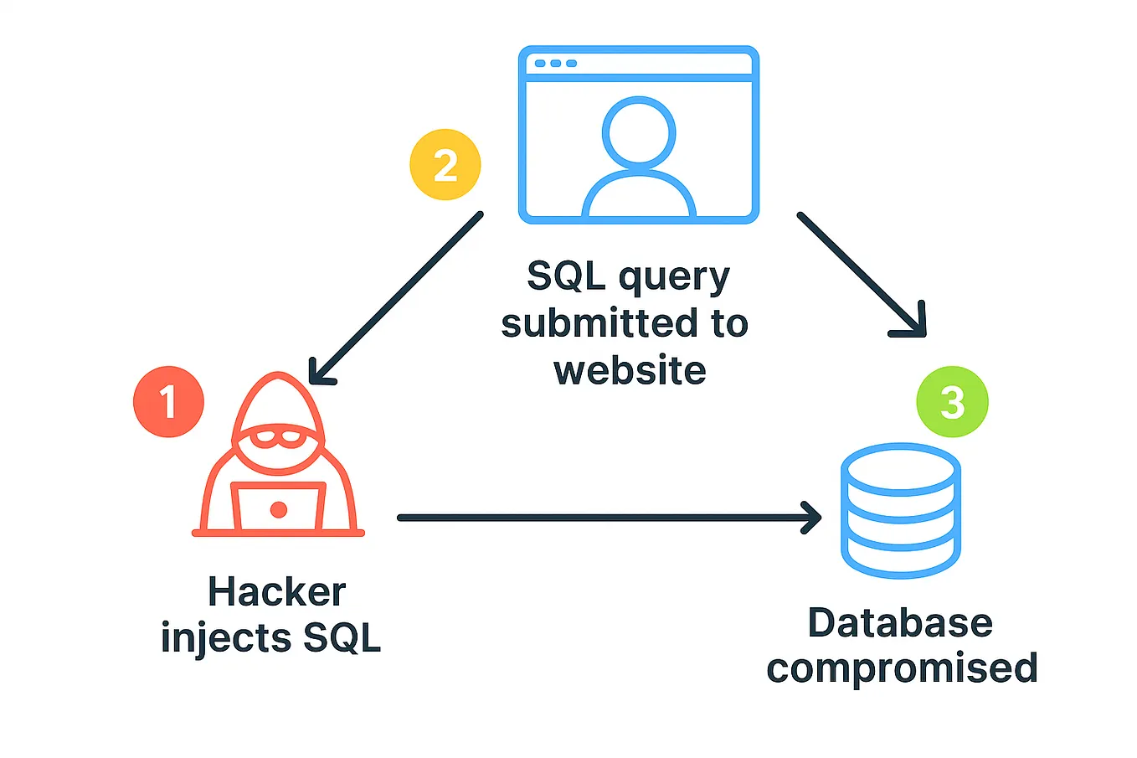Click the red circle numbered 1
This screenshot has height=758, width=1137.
coord(168,401)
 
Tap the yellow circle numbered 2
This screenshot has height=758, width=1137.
coord(445,165)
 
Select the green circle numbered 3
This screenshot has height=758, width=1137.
coord(952,402)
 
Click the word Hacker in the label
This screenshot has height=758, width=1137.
coord(276,592)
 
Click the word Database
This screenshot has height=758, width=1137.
coord(900,623)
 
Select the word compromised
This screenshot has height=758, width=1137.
coord(902,668)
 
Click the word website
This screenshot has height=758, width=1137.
coord(630,370)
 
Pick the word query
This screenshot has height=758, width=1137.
coord(675,277)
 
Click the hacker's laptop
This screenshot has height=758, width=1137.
coord(278,507)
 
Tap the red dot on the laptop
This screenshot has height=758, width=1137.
coord(279,509)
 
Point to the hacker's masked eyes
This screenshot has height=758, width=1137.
coord(278,436)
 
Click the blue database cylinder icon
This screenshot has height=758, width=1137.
coord(900,511)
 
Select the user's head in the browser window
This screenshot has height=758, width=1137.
coord(638,132)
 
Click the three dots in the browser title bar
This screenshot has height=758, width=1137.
coord(555,64)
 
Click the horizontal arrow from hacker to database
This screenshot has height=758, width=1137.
coord(586,518)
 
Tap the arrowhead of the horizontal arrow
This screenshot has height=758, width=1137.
coord(812,518)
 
